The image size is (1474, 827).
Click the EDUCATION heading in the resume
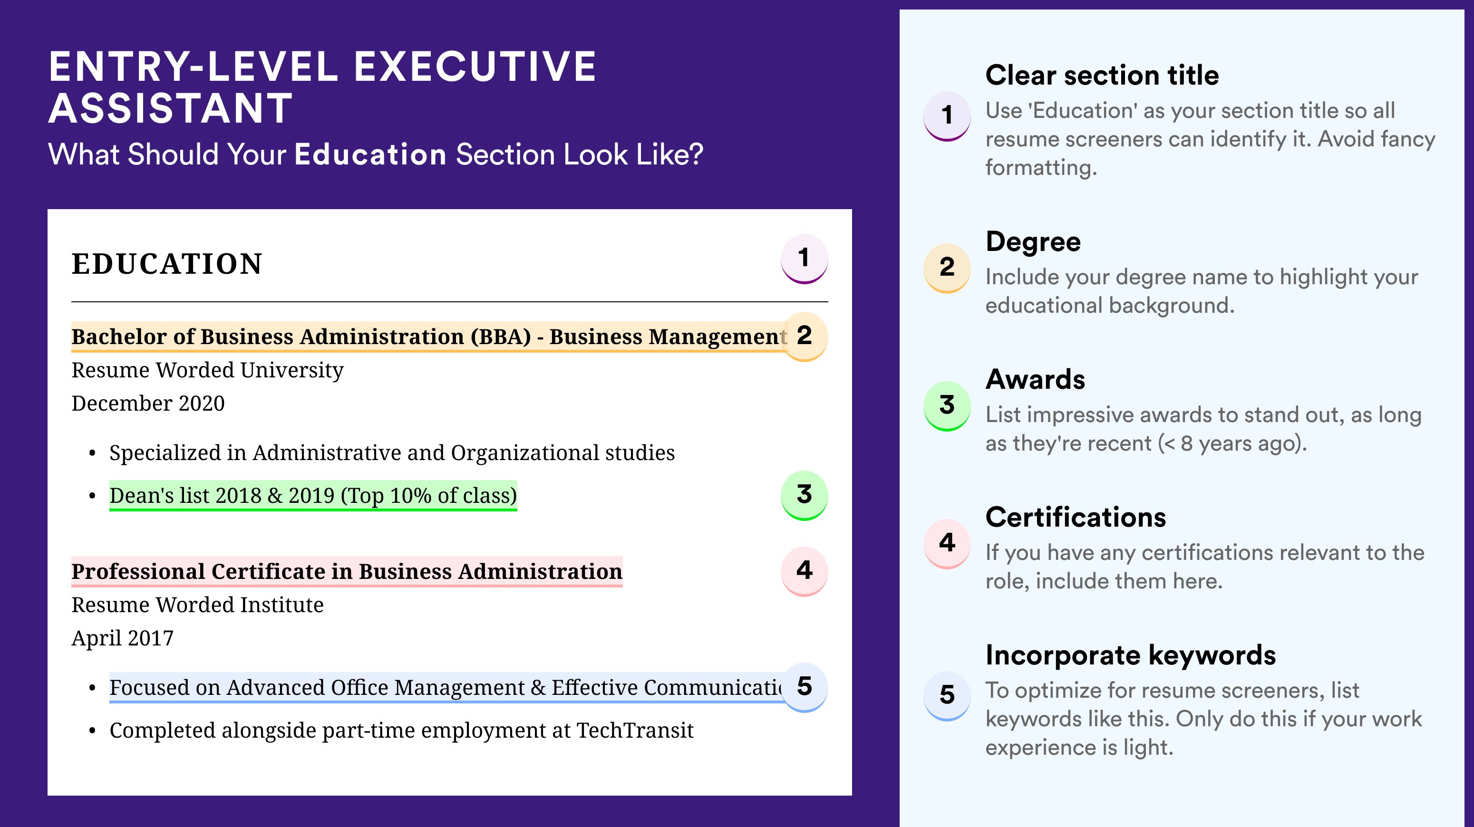point(166,264)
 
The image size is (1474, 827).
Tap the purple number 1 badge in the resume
point(804,259)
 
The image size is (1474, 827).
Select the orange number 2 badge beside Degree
point(947,268)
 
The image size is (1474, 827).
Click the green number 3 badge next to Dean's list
point(804,495)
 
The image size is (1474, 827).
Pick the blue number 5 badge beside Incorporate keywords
point(947,695)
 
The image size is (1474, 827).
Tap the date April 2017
point(123,638)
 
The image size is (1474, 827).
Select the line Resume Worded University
point(208,371)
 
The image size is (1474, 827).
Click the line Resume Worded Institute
point(197,605)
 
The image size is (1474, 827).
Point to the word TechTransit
point(635,731)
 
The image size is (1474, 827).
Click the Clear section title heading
point(1102,75)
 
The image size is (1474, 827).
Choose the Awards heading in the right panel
point(1035,379)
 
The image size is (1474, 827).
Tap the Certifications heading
point(1076,517)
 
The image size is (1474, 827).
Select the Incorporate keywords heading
point(1131,655)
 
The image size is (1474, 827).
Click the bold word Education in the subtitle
point(370,154)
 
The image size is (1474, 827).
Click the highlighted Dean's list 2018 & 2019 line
point(313,495)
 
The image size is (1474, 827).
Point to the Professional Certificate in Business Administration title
point(347,571)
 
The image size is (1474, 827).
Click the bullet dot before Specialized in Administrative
point(92,453)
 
